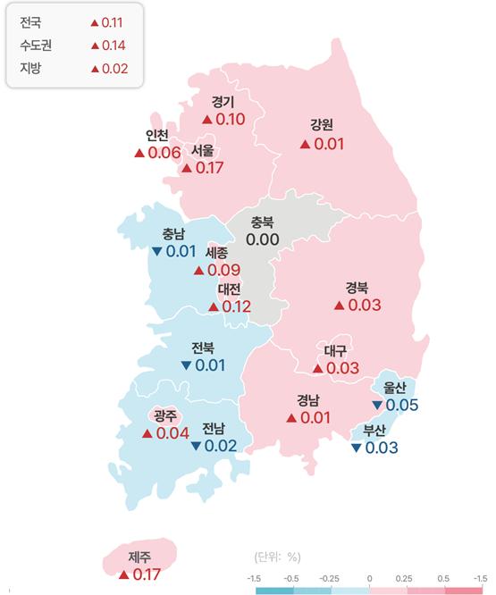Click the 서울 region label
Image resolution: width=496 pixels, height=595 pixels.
[201, 151]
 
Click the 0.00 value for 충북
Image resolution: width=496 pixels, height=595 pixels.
[263, 239]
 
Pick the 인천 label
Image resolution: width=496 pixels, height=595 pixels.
[157, 136]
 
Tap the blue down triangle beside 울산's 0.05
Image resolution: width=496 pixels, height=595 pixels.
[377, 406]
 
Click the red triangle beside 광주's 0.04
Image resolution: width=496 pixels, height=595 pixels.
[147, 433]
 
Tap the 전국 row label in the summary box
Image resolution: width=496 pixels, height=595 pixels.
[29, 21]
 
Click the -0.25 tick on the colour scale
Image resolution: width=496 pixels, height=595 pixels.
[331, 579]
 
